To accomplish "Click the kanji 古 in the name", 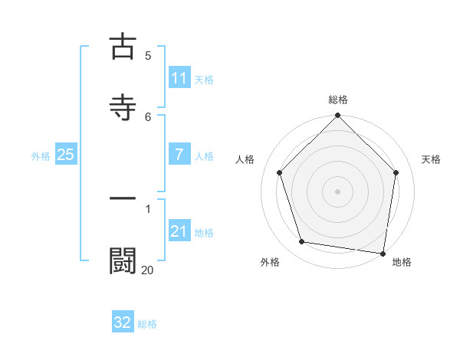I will [123, 47].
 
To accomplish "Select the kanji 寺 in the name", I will [123, 107].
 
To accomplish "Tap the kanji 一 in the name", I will [123, 198].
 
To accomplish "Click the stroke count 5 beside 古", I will [148, 56].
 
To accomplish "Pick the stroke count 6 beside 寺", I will [148, 116].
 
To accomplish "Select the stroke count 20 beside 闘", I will [147, 269].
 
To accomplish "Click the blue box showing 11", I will [179, 78].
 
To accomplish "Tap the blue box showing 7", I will [179, 155].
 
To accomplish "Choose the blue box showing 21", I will [179, 231].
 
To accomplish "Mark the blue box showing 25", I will [66, 155].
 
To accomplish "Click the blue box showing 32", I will [123, 322].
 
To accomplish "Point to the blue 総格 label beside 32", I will [147, 324].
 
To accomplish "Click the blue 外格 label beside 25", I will [41, 155].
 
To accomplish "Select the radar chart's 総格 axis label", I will [338, 100].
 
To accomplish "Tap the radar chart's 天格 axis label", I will [431, 159].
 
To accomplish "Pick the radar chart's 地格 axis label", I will [402, 262].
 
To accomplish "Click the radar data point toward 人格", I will [280, 172].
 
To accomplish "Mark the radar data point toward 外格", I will [302, 242].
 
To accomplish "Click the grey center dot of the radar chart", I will [338, 191].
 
